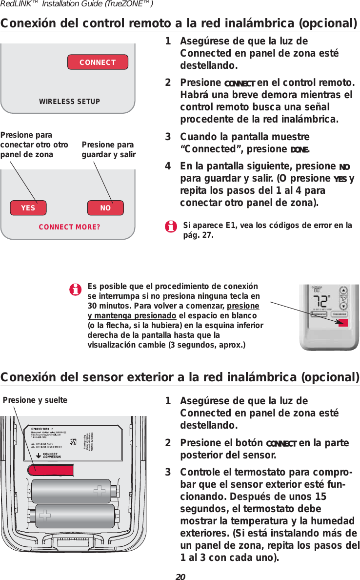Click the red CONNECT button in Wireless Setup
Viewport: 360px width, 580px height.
[x=98, y=62]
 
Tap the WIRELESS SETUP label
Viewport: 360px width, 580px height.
[x=69, y=102]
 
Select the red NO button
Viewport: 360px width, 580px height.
[x=105, y=207]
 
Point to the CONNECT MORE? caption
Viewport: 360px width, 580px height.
[x=69, y=227]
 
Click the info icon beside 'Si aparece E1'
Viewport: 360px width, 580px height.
[x=171, y=227]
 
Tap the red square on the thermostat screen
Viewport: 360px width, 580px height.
[x=343, y=322]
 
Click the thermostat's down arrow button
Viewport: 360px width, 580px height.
[x=343, y=307]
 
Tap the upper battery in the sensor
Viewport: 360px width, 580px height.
[x=73, y=490]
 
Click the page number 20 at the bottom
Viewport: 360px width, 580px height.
[x=180, y=576]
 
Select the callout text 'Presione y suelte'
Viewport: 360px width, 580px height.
[x=35, y=400]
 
